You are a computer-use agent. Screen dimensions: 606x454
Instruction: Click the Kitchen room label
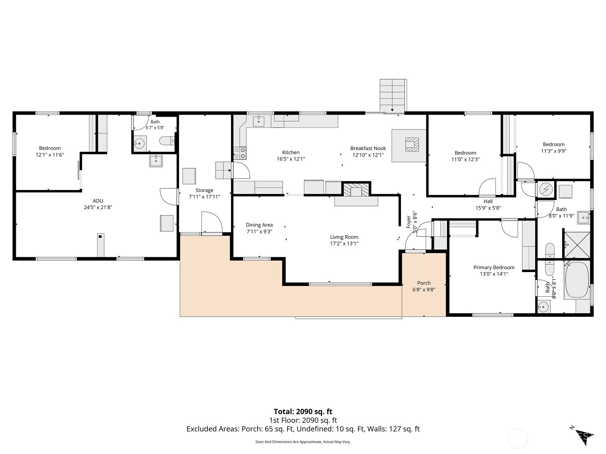tap(291, 152)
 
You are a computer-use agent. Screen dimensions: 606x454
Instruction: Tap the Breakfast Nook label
tap(368, 148)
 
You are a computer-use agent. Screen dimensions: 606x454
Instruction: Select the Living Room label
tap(344, 237)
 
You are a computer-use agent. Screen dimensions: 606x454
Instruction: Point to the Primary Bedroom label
tap(494, 267)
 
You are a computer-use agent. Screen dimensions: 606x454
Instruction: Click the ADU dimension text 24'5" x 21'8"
tap(98, 207)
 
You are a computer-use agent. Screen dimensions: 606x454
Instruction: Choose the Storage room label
tap(204, 190)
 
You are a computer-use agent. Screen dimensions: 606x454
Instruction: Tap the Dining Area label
tap(259, 225)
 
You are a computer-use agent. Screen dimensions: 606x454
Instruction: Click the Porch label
tap(424, 283)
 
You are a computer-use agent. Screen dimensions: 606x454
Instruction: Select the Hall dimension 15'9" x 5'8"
tap(488, 208)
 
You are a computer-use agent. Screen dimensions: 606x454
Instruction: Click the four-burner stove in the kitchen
tap(240, 153)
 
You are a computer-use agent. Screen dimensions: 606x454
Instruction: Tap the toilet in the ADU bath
tap(167, 141)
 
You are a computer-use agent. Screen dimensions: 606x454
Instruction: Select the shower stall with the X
tap(577, 245)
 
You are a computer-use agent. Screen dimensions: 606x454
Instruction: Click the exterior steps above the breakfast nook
tap(393, 95)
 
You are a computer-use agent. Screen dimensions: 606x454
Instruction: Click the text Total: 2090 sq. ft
tap(303, 412)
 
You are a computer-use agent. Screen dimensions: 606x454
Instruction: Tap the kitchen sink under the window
tap(259, 121)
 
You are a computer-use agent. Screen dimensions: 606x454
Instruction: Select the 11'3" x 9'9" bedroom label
tap(554, 148)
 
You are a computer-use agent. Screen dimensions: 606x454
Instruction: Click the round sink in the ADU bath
tap(140, 143)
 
